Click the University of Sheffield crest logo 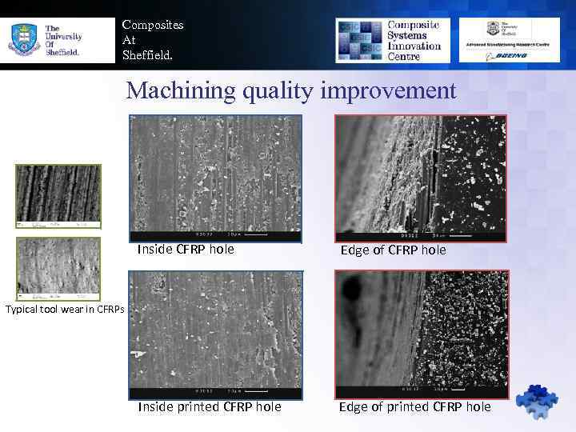[22, 38]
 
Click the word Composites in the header [153, 25]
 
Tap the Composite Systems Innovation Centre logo [391, 40]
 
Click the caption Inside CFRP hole [186, 249]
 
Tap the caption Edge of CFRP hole [394, 250]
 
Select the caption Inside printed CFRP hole [210, 406]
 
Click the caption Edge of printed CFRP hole [415, 406]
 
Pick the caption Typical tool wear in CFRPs [62, 310]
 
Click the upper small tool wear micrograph [58, 194]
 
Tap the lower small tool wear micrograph [58, 268]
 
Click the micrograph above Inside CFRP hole [215, 178]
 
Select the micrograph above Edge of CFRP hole [422, 178]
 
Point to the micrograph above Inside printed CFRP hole [215, 334]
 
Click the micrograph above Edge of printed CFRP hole [422, 334]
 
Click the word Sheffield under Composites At [146, 55]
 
